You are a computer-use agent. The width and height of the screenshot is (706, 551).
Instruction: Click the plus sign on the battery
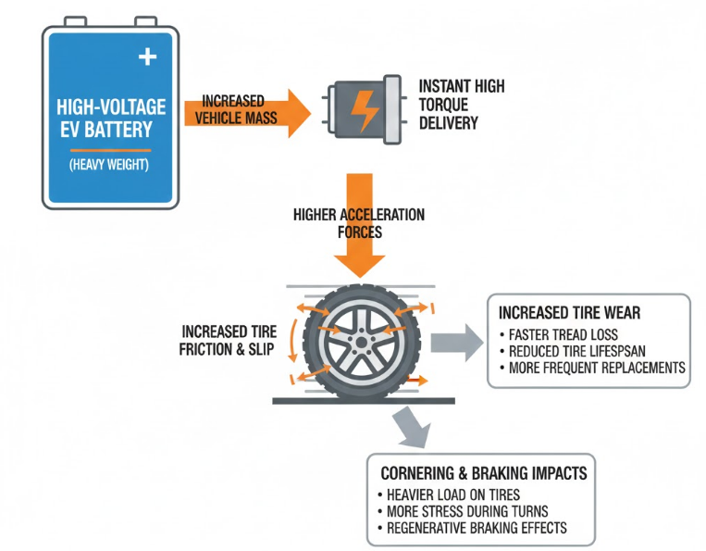(147, 57)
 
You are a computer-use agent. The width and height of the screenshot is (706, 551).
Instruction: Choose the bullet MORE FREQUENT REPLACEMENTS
(591, 368)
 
